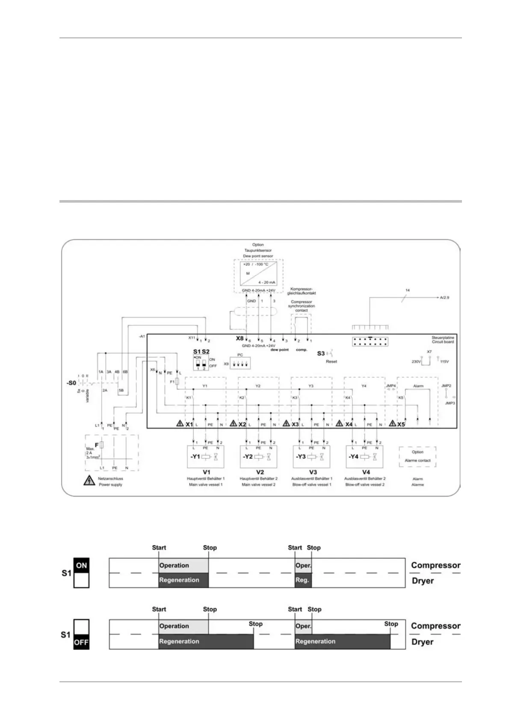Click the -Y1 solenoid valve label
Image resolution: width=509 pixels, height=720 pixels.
(195, 457)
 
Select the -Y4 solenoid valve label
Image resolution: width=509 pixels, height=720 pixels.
(353, 457)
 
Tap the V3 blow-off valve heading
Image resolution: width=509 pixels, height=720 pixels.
(313, 472)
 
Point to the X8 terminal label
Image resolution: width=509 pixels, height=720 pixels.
(240, 338)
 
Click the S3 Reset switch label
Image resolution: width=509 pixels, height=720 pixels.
(321, 354)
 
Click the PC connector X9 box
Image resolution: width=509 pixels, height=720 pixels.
(240, 364)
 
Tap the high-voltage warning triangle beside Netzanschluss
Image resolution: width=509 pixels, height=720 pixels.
(89, 481)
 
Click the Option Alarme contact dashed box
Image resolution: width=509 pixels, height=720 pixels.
(417, 457)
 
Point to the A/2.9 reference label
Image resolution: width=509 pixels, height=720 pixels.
(444, 297)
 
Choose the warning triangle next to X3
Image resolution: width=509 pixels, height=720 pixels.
(287, 424)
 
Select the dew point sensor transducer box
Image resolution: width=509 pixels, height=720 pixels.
(258, 274)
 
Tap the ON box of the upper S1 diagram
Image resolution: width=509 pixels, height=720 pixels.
(81, 566)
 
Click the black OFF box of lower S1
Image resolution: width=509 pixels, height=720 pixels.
(81, 642)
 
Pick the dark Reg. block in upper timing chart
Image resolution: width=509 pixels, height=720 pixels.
(303, 580)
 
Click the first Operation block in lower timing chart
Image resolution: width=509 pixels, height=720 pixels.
(183, 626)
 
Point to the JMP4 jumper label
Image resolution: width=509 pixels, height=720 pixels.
(391, 386)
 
